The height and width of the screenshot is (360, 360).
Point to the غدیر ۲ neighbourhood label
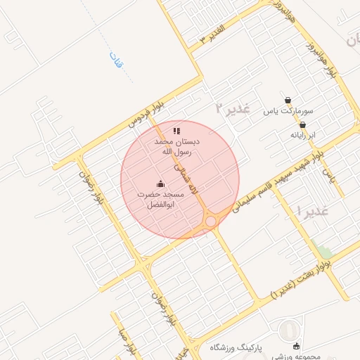pyautogui.click(x=233, y=108)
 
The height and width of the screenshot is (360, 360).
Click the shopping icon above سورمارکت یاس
pyautogui.click(x=288, y=100)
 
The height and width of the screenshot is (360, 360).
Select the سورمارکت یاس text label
pyautogui.click(x=288, y=112)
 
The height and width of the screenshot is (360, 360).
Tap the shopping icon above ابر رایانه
pyautogui.click(x=302, y=124)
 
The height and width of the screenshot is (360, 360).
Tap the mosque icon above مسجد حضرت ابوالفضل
pyautogui.click(x=161, y=184)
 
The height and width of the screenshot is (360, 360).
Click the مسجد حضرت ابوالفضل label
pyautogui.click(x=161, y=199)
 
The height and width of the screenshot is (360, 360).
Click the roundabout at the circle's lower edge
pyautogui.click(x=211, y=222)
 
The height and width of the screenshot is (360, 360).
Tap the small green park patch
pyautogui.click(x=324, y=252)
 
